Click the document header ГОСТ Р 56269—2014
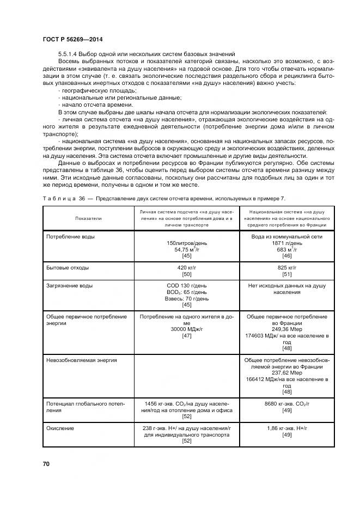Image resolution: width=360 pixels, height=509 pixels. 72,40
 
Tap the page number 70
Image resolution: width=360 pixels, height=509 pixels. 46,463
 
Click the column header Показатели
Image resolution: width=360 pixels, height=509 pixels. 88,218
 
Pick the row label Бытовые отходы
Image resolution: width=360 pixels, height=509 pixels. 68,268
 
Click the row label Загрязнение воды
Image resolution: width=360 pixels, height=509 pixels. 69,285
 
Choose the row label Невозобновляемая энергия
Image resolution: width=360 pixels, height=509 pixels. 82,360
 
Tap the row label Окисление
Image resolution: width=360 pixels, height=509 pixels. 60,428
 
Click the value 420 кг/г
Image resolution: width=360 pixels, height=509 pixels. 186,268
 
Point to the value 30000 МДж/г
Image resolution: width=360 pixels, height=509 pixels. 186,329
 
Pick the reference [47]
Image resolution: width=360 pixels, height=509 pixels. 186,336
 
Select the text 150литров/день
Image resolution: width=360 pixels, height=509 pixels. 186,243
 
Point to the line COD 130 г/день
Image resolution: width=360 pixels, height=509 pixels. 186,285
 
